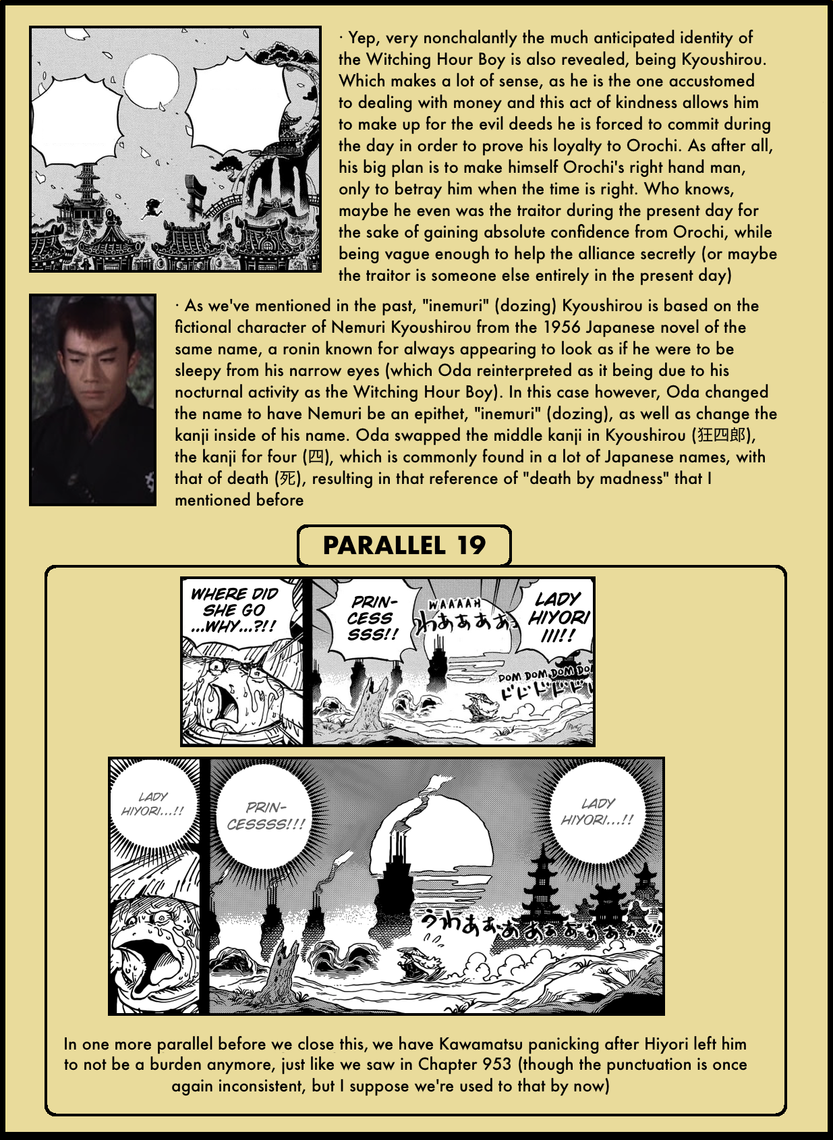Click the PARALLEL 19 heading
403,545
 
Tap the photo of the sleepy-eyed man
93,400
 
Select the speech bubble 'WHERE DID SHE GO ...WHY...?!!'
234,609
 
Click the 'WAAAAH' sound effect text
455,604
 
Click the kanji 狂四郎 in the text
722,435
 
